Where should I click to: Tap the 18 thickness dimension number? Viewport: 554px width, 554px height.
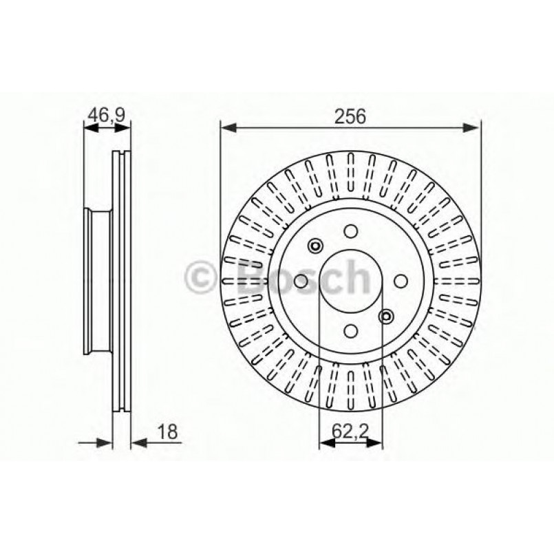coord(167,432)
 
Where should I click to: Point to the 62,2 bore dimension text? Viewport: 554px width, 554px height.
coord(351,432)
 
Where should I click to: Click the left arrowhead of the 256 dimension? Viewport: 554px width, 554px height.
coord(226,127)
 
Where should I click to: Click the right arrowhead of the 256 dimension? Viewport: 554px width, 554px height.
coord(473,127)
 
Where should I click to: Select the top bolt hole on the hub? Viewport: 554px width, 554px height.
coord(350,232)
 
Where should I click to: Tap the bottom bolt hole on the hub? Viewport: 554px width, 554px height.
coord(350,330)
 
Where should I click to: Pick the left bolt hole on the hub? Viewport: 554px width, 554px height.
coord(301,281)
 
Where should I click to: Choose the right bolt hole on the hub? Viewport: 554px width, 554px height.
coord(400,281)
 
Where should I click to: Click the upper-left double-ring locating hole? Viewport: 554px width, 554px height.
coord(316,246)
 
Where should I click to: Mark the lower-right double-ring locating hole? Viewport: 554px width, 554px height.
coord(386,316)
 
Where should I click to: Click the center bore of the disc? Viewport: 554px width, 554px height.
coord(350,281)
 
